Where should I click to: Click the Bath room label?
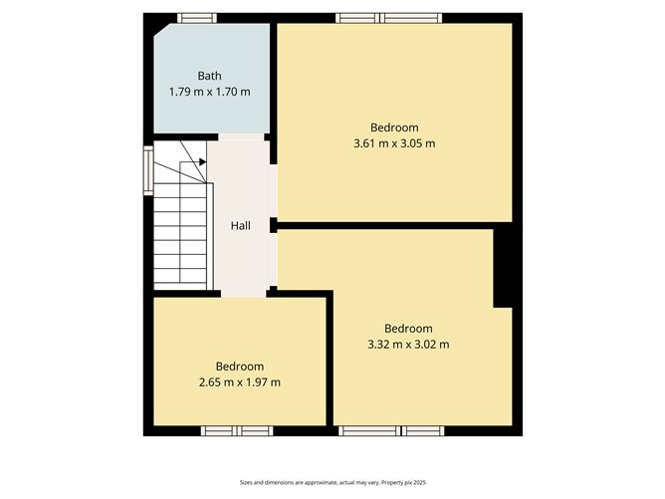pos(209,76)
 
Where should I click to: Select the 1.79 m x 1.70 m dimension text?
pos(209,92)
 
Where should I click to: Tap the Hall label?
pos(240,226)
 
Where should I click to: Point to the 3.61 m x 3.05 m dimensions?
pos(394,143)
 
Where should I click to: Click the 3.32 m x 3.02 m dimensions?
pos(408,345)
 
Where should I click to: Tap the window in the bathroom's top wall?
pos(197,17)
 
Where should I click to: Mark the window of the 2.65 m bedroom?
pos(237,431)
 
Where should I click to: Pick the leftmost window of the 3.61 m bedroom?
pos(358,17)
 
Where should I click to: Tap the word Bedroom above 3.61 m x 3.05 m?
pos(394,127)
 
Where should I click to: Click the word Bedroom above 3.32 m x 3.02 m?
pos(408,329)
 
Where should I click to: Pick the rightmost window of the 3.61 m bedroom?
pos(412,17)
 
